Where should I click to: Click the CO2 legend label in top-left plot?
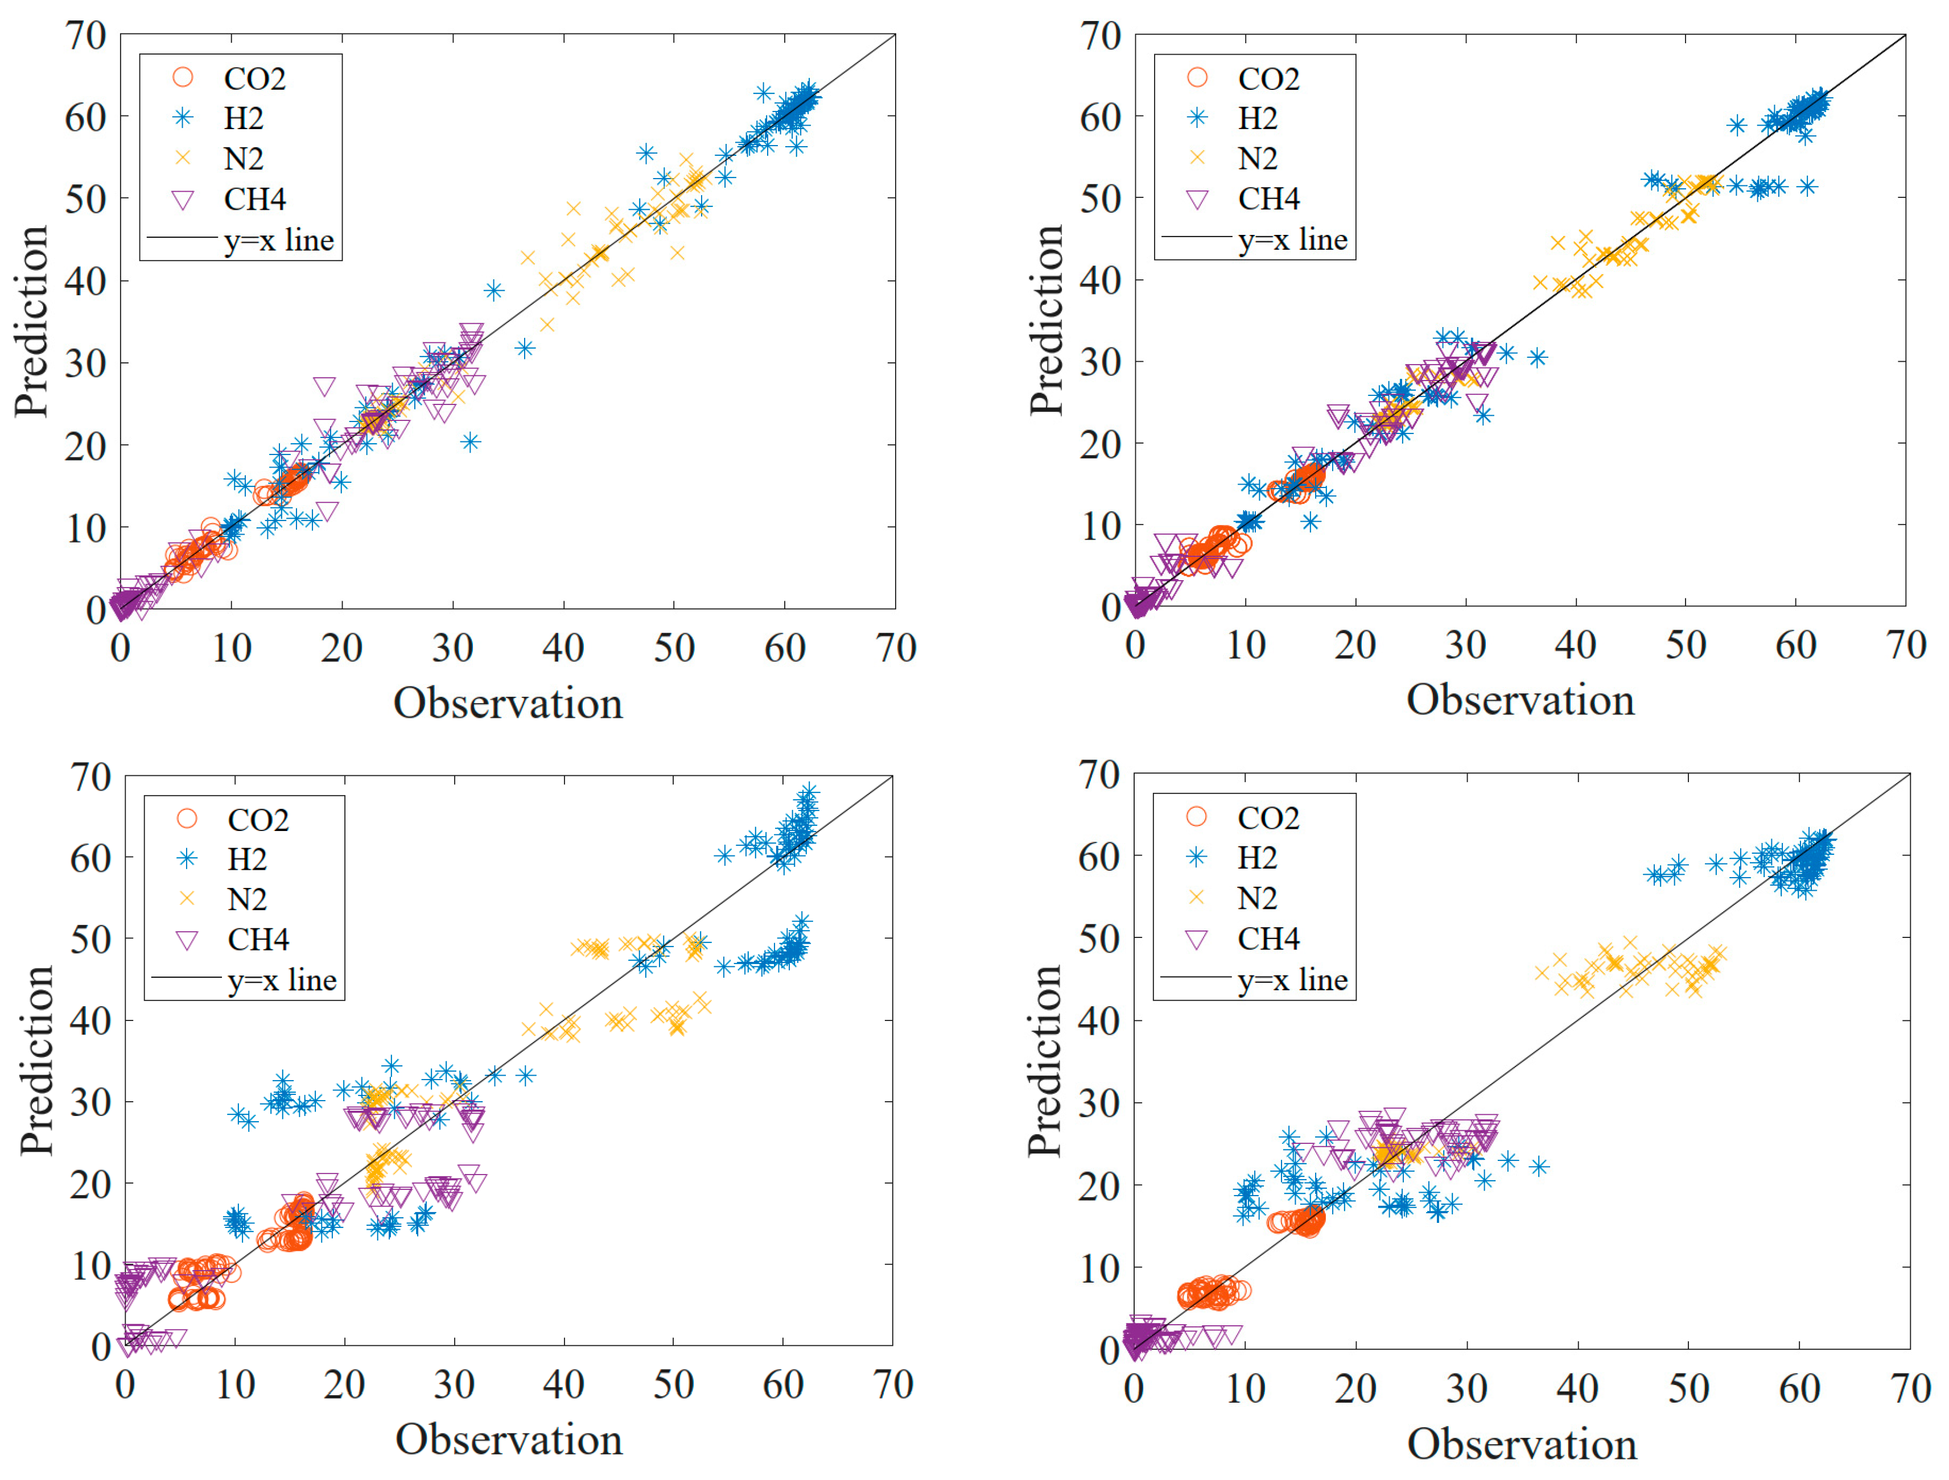coord(254,78)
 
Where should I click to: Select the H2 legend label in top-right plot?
coord(1258,118)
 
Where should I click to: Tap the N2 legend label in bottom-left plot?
coord(247,899)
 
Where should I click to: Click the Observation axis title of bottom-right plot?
coord(1522,1445)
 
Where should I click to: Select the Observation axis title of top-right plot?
coord(1521,700)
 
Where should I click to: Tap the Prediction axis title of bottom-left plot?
coord(37,1061)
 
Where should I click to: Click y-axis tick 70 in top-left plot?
coord(86,36)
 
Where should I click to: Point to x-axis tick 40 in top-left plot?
coord(563,649)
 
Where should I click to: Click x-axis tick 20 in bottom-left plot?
coord(344,1386)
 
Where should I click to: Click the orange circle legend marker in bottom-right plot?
coord(1197,817)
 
